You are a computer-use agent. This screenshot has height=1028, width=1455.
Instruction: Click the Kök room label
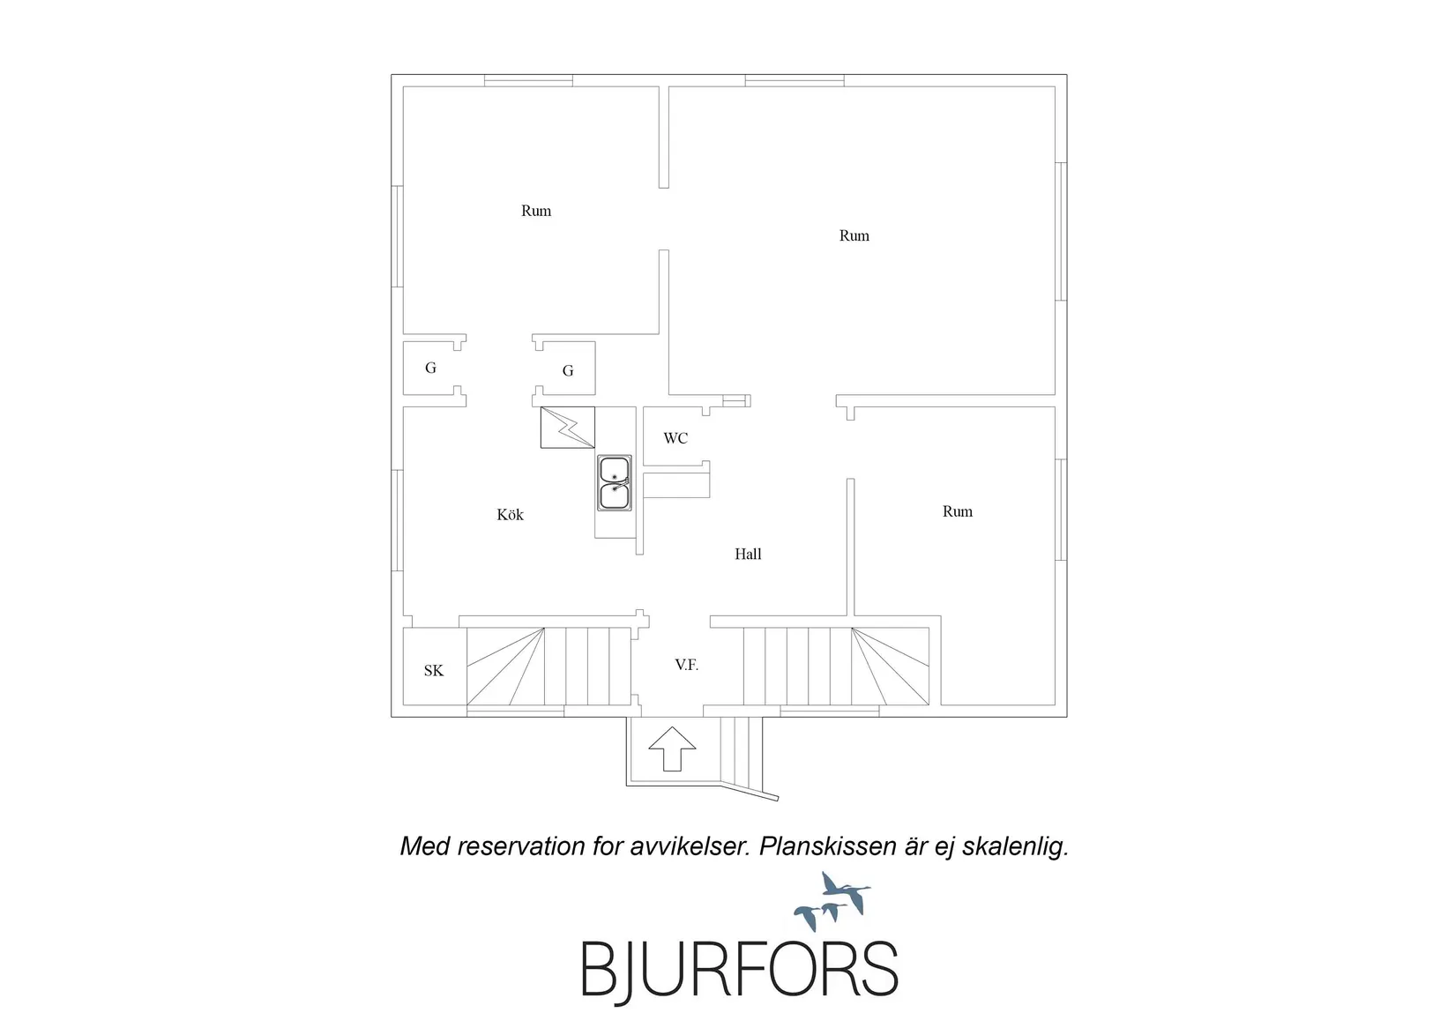510,515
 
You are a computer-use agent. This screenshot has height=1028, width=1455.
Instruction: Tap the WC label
675,438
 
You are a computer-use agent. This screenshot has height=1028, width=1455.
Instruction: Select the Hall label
748,554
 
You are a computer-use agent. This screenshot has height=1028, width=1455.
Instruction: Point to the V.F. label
686,665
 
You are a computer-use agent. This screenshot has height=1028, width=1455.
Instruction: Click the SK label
433,670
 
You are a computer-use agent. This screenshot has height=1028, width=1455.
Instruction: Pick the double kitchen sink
614,483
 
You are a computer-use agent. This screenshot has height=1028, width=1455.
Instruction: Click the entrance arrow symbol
672,749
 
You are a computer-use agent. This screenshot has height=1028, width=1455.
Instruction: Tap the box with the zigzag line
567,428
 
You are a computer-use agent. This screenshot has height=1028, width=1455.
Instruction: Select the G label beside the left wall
430,369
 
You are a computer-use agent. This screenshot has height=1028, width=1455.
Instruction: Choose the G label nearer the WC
568,371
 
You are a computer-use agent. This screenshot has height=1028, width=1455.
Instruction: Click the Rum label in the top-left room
536,211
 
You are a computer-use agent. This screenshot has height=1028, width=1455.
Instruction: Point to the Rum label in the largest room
854,235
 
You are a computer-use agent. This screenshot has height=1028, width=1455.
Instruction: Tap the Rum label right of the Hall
958,511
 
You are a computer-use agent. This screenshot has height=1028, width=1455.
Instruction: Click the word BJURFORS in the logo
740,970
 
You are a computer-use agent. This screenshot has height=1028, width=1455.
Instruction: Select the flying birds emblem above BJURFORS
832,901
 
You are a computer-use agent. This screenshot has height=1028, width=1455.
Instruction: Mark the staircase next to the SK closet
548,667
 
